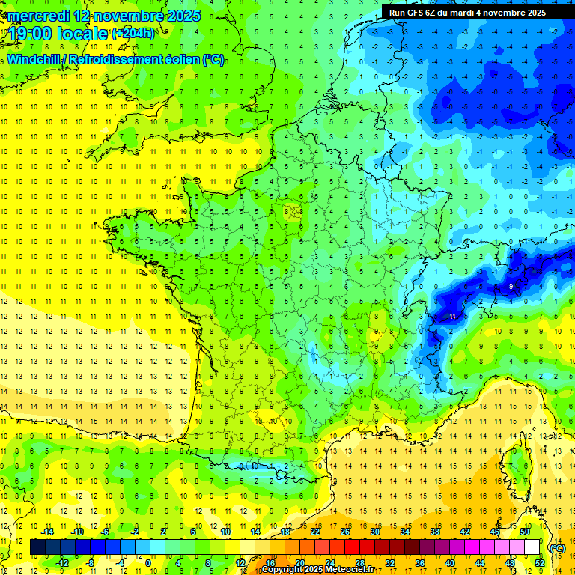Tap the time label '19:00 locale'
56,34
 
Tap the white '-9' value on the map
509,287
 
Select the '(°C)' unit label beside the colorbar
557,547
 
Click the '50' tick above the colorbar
525,532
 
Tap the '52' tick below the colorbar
540,563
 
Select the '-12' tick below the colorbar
62,563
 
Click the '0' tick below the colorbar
148,563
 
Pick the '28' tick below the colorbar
359,563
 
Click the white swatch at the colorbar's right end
532,547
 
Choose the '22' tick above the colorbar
315,532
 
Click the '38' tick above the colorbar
435,532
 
